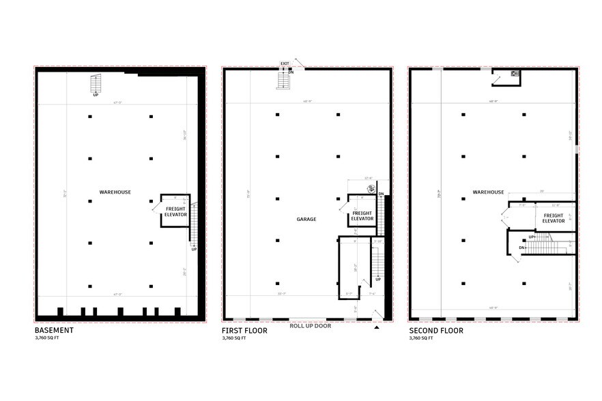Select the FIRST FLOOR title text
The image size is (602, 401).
[x=244, y=331]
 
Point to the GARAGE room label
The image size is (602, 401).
[x=306, y=220]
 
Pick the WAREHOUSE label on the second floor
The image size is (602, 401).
[x=488, y=192]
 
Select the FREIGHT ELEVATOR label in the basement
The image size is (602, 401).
[x=175, y=211]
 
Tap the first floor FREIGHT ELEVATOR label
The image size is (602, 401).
[x=362, y=216]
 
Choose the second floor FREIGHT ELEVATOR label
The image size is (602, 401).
[x=554, y=218]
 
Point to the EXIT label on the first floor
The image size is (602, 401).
[x=285, y=64]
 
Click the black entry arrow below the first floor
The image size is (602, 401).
[x=376, y=327]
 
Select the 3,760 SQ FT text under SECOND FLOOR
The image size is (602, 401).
[x=421, y=338]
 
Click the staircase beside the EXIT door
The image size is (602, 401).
[x=283, y=81]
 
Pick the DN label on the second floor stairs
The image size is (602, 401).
[x=522, y=248]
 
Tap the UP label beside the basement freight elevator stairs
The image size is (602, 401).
[x=194, y=249]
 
